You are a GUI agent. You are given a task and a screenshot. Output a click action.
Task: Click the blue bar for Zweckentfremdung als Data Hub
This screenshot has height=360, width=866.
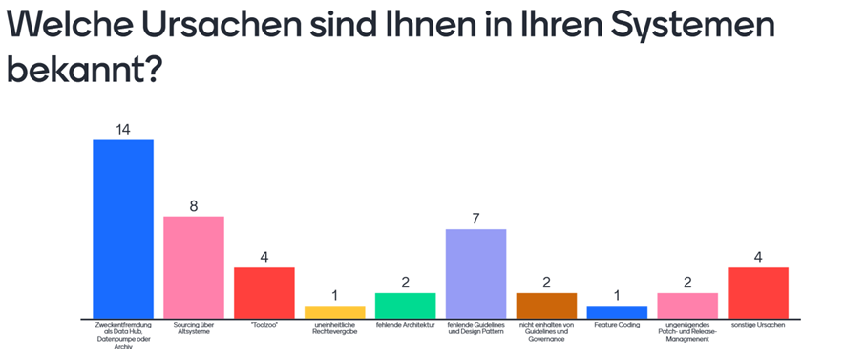tap(122, 229)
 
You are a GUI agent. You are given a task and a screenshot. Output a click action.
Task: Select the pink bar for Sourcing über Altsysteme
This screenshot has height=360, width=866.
tap(193, 267)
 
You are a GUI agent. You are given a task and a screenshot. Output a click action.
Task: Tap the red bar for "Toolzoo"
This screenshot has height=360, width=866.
tap(264, 293)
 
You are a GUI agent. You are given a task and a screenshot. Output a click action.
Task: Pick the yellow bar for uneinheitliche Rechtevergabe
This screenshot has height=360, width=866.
tap(334, 312)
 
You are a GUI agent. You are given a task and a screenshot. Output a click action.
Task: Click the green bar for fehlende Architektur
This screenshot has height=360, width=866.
tap(405, 306)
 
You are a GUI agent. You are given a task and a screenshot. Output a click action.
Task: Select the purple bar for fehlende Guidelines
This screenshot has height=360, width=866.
tap(475, 274)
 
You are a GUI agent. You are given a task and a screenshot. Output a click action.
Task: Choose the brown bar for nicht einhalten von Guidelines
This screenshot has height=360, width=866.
tap(546, 306)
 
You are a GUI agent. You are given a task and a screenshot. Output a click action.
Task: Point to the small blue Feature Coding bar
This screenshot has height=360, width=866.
tap(617, 312)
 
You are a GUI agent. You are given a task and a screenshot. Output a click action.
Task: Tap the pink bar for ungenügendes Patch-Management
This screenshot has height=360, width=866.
tap(687, 306)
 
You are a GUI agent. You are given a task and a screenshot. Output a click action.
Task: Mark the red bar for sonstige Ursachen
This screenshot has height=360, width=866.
tap(758, 293)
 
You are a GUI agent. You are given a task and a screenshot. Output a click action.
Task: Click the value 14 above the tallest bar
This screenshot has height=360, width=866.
tap(122, 129)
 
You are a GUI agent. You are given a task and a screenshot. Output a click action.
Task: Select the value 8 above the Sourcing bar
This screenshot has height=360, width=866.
tap(193, 205)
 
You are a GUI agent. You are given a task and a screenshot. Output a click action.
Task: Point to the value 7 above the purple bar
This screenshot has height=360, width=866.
tap(475, 219)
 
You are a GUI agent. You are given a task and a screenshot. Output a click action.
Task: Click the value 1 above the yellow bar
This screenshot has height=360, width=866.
tap(334, 295)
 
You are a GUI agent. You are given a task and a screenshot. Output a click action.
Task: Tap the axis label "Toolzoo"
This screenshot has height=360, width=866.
tap(264, 326)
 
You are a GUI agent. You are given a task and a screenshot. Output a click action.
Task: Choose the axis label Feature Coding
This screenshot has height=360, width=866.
tap(617, 326)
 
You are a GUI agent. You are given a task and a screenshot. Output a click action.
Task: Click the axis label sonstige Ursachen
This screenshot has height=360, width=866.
tap(758, 326)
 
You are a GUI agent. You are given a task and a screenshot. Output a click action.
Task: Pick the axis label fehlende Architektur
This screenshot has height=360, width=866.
tap(405, 326)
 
